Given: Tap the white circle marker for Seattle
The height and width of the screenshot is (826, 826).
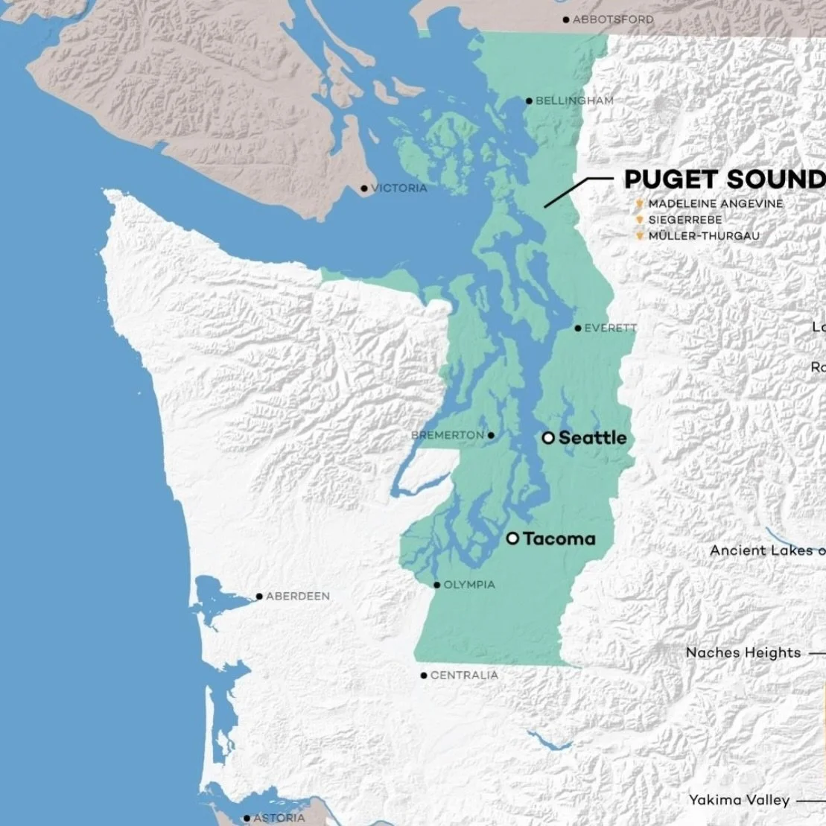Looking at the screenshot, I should click(x=548, y=438).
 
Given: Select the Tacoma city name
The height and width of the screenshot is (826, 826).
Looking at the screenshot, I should click(x=559, y=539).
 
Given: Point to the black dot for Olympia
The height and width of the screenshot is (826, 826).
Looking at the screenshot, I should click(x=437, y=585).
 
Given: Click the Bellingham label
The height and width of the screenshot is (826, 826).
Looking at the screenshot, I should click(x=574, y=101).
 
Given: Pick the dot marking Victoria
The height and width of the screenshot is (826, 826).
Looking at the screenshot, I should click(x=364, y=188).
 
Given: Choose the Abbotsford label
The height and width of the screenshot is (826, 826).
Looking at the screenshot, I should click(x=613, y=19).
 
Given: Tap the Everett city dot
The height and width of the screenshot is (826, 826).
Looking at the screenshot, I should click(x=578, y=328).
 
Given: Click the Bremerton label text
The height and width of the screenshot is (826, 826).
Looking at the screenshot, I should click(x=447, y=435).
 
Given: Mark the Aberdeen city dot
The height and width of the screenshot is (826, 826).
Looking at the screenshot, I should click(x=259, y=596).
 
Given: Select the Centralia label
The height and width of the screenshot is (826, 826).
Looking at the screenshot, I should click(x=464, y=676).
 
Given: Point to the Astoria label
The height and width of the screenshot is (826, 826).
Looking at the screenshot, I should click(x=279, y=818).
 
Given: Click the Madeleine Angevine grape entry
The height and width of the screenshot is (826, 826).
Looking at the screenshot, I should click(x=715, y=203).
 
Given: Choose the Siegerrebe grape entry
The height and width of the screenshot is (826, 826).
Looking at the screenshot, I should click(x=684, y=220).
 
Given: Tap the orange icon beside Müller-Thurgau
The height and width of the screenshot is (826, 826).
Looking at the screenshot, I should click(x=639, y=236).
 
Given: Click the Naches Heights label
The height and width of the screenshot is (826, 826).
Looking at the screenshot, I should click(x=743, y=653).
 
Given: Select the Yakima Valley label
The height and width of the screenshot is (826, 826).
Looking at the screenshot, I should click(x=738, y=800).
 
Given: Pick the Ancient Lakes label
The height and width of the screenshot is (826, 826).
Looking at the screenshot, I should click(x=766, y=550).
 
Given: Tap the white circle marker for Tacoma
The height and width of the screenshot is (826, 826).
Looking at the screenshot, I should click(x=512, y=539).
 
